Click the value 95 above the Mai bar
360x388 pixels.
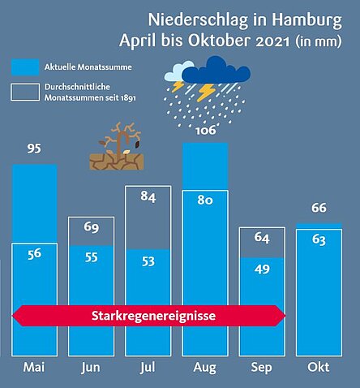[x=34, y=149]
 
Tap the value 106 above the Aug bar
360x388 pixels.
[x=206, y=130]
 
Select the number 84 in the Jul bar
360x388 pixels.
[x=148, y=196]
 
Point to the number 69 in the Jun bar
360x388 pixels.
[x=92, y=227]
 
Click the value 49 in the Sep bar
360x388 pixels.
[x=262, y=269]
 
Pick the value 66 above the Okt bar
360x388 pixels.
[x=319, y=208]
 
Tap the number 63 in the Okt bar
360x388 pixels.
[x=319, y=239]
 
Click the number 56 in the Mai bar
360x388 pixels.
[x=34, y=254]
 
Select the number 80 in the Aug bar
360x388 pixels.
[x=205, y=200]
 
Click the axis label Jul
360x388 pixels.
[x=148, y=368]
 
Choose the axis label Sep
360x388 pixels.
[x=261, y=368]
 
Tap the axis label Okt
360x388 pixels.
[x=319, y=367]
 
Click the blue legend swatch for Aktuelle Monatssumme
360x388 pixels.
[x=25, y=67]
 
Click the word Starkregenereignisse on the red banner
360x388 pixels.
[x=153, y=316]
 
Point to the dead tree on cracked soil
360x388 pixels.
[x=117, y=146]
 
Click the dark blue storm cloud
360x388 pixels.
[x=216, y=70]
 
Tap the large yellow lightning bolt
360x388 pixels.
[x=206, y=92]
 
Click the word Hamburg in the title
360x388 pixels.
[x=306, y=20]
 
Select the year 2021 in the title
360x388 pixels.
[x=272, y=41]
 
